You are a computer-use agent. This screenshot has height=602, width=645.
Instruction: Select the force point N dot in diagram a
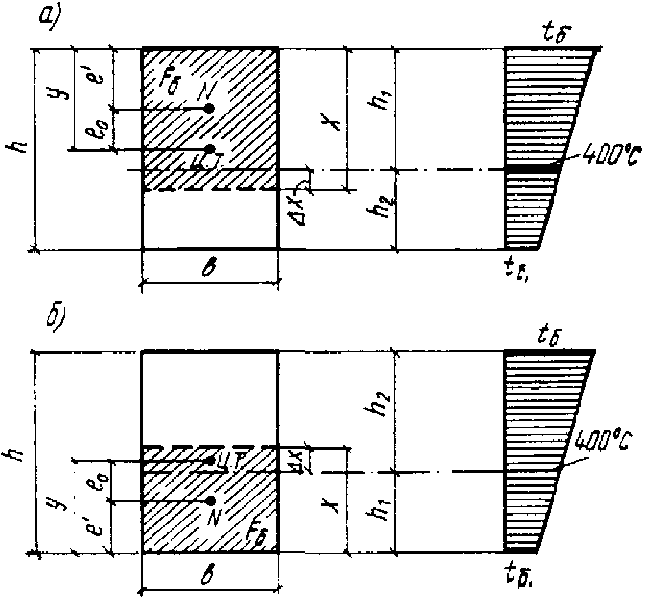(x=210, y=109)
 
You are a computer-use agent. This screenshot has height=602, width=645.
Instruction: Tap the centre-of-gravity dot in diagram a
(x=210, y=149)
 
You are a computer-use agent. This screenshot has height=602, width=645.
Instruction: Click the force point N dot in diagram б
(x=210, y=500)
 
